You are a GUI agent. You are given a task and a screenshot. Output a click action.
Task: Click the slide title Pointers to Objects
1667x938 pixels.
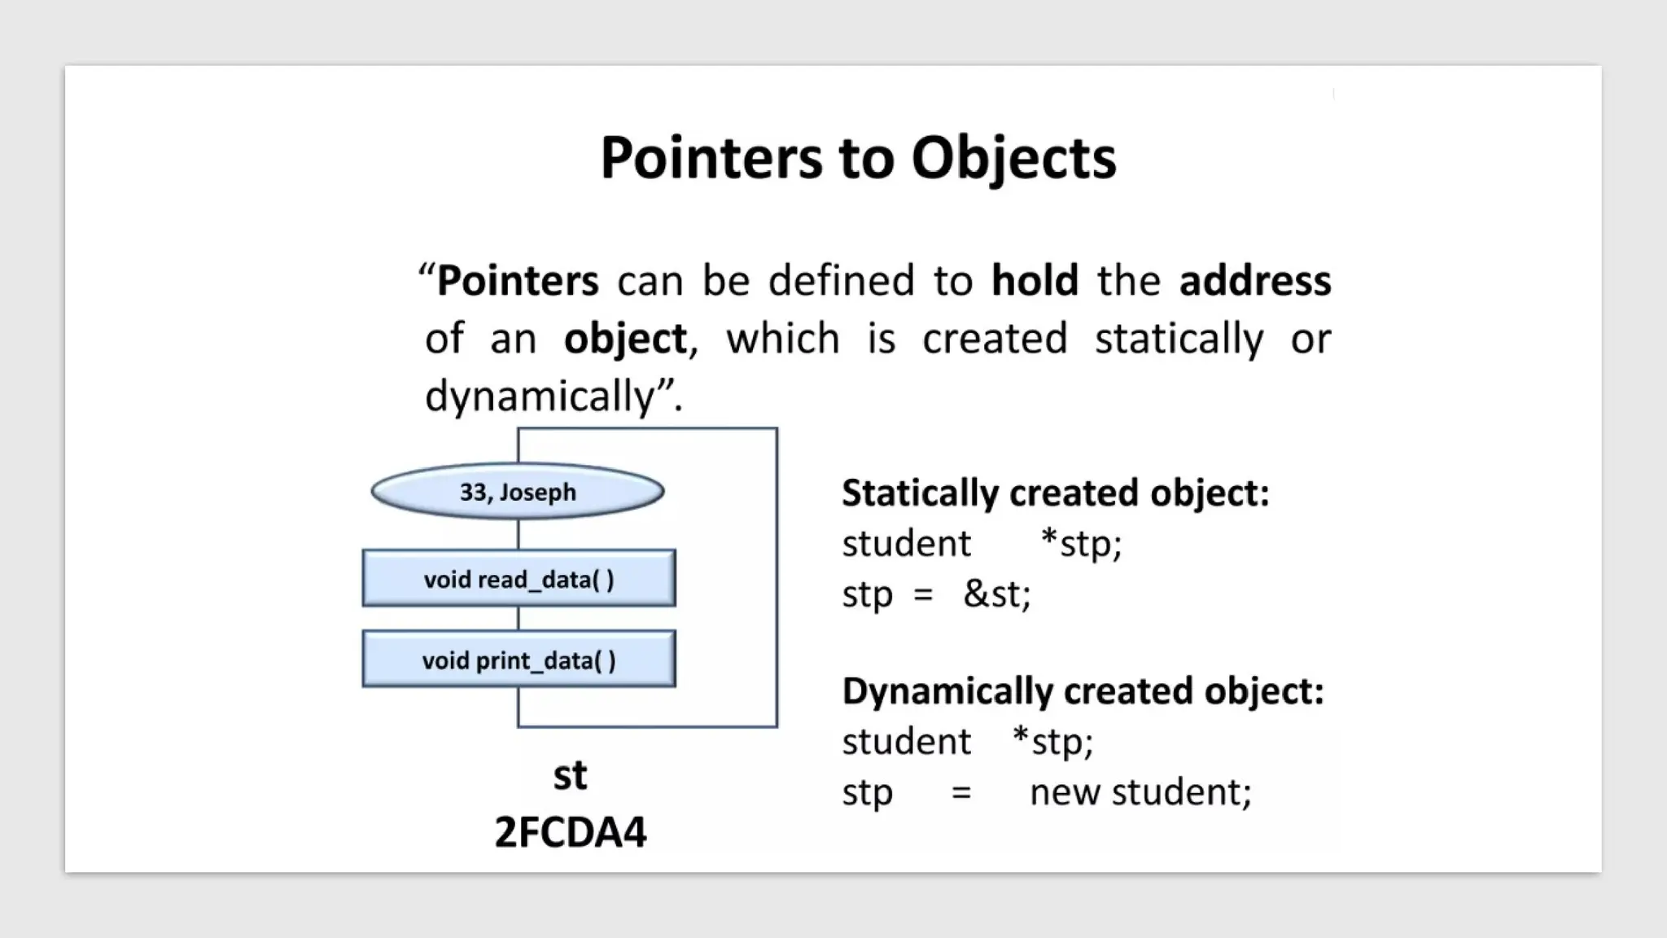click(x=858, y=158)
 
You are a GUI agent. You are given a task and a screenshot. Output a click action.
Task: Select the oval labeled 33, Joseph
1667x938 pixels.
click(x=518, y=492)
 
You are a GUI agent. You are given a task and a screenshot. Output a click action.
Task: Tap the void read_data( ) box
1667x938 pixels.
click(x=518, y=579)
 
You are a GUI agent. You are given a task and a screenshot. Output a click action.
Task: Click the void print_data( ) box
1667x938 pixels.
click(x=518, y=660)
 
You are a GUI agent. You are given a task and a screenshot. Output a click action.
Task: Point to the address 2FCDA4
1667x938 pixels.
click(x=570, y=832)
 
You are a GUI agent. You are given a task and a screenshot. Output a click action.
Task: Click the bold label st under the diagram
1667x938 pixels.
click(x=570, y=775)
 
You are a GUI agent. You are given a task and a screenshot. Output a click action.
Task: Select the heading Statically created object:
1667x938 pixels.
click(x=1055, y=493)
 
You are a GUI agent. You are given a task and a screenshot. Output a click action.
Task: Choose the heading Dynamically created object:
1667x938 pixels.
click(x=1083, y=691)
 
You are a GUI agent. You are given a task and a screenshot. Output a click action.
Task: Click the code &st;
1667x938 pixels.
click(x=997, y=594)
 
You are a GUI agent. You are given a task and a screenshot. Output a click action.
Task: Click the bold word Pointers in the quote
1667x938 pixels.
click(x=518, y=281)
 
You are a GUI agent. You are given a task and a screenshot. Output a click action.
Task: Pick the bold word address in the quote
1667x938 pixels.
click(x=1255, y=281)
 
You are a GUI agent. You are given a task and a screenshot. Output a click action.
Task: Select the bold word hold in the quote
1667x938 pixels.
click(x=1035, y=281)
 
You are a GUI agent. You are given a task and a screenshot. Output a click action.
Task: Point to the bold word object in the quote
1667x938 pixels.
click(x=625, y=340)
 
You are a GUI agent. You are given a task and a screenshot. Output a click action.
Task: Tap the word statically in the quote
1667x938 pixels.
click(x=1179, y=340)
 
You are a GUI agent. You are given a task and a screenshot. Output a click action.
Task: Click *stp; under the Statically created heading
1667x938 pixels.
click(x=1082, y=544)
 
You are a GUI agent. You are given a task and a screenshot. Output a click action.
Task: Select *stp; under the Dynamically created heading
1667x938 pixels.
click(x=1053, y=742)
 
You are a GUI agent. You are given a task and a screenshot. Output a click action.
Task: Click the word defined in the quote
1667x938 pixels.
click(x=842, y=281)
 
